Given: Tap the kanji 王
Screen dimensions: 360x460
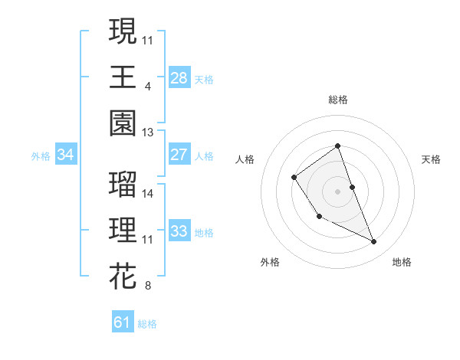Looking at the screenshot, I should click(x=123, y=77).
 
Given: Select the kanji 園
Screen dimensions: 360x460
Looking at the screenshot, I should click(x=123, y=123).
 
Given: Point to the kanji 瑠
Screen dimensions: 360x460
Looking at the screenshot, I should click(x=123, y=185).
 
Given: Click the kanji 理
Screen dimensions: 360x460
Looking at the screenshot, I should click(x=123, y=230).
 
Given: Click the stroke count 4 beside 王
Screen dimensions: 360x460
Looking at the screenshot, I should click(x=147, y=85).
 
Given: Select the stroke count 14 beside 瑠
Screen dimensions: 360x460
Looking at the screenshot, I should click(x=148, y=194).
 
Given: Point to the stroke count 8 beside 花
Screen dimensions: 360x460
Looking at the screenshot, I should click(x=147, y=286).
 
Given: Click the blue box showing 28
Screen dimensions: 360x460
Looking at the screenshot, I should click(x=179, y=78).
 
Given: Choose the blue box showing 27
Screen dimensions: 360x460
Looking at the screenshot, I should click(x=179, y=155).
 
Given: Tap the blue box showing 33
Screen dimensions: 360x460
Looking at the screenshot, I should click(x=179, y=231).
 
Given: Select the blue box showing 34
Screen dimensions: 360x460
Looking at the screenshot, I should click(x=66, y=155).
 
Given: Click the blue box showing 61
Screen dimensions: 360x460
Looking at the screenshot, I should click(x=123, y=322).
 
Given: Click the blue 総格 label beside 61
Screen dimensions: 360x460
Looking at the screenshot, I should click(x=147, y=324).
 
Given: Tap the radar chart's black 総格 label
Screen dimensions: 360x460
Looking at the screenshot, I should click(x=337, y=100).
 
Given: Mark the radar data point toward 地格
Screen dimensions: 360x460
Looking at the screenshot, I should click(x=374, y=242).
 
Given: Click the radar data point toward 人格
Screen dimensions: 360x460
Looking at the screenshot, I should click(x=294, y=178).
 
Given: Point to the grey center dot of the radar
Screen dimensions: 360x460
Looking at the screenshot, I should click(x=337, y=190).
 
